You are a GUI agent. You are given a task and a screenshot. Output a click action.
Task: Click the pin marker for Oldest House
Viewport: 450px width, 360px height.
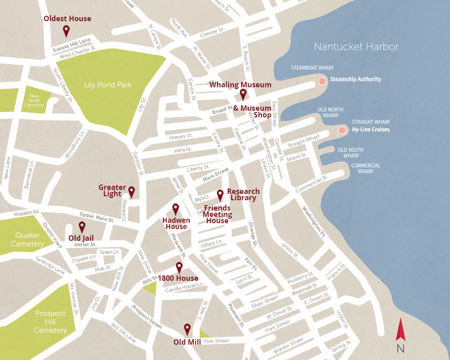pyautogui.click(x=66, y=31)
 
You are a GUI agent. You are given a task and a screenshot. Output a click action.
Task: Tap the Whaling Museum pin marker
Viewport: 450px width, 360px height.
pyautogui.click(x=243, y=94)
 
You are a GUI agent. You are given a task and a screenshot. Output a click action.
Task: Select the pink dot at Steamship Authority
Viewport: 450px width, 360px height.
pyautogui.click(x=322, y=81)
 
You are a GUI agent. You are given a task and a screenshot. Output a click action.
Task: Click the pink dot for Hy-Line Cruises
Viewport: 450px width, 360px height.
pyautogui.click(x=342, y=130)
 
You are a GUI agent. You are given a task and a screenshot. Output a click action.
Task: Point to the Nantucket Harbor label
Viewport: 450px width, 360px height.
pyautogui.click(x=356, y=47)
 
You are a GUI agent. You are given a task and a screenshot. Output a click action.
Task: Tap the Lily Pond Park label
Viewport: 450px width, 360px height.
pyautogui.click(x=108, y=85)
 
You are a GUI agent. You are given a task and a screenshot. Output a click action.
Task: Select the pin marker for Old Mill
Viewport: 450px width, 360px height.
pyautogui.click(x=187, y=329)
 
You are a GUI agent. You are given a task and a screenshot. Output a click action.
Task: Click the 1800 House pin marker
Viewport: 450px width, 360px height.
pyautogui.click(x=179, y=268)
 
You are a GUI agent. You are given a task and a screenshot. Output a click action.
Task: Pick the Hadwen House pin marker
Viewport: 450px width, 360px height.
pyautogui.click(x=175, y=209)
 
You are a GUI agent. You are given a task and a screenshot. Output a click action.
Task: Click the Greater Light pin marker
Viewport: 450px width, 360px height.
pyautogui.click(x=131, y=192)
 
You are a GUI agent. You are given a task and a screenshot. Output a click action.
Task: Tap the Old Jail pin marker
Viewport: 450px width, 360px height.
pyautogui.click(x=82, y=227)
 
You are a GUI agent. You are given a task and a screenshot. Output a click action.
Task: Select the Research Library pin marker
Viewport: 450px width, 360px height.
pyautogui.click(x=220, y=195)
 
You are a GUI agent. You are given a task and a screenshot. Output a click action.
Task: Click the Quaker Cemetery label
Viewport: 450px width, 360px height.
pyautogui.click(x=27, y=239)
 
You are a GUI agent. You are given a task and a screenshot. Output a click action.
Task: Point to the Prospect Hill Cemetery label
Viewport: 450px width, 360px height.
pyautogui.click(x=50, y=322)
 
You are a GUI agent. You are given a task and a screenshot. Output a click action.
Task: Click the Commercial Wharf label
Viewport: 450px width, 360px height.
pyautogui.click(x=366, y=168)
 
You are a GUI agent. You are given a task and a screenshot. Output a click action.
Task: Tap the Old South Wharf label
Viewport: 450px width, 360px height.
pyautogui.click(x=351, y=153)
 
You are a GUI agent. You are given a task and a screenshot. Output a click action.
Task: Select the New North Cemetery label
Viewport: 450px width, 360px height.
pyautogui.click(x=35, y=100)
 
